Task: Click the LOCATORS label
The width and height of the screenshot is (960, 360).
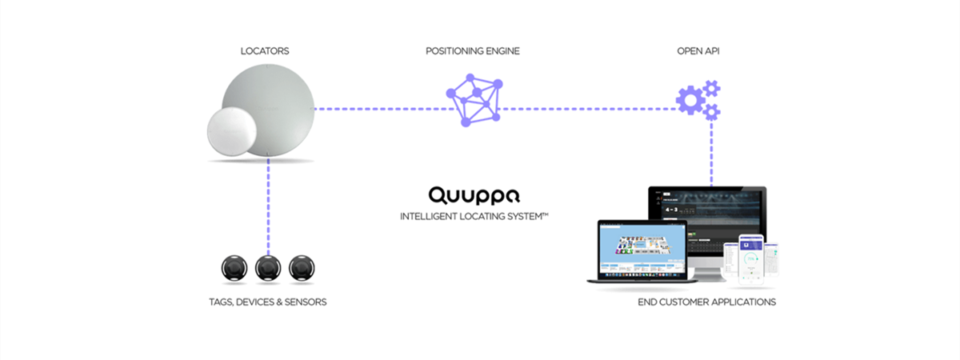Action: tap(265, 51)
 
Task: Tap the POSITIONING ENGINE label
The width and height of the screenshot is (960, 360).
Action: tap(473, 51)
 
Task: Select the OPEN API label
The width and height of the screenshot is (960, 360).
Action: tap(698, 51)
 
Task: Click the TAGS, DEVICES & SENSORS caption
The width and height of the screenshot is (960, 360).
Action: tap(266, 302)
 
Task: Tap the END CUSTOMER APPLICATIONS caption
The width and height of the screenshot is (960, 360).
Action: tap(706, 302)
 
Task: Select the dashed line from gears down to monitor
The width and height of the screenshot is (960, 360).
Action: tap(710, 152)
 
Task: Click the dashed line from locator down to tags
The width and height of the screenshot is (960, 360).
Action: tap(268, 208)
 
